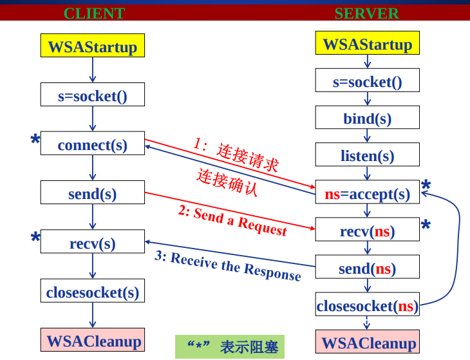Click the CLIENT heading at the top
click(x=94, y=13)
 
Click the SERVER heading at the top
click(x=366, y=13)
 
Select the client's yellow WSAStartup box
click(x=93, y=46)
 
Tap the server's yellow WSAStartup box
click(x=367, y=44)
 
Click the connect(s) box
click(x=93, y=144)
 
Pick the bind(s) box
click(x=367, y=118)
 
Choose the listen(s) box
click(x=367, y=155)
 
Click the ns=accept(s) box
click(x=367, y=193)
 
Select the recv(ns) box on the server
click(x=367, y=231)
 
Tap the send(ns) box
click(x=367, y=267)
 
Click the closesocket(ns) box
click(x=367, y=305)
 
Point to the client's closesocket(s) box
click(x=93, y=292)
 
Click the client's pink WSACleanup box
click(x=93, y=340)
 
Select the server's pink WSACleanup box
click(x=367, y=342)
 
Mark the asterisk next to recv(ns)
click(x=426, y=226)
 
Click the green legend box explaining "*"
click(x=230, y=346)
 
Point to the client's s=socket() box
click(x=93, y=95)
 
